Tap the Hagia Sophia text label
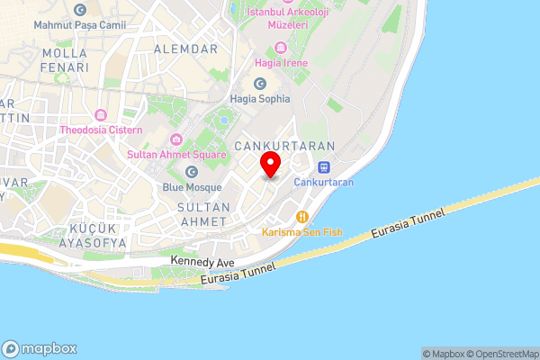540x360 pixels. (260, 99)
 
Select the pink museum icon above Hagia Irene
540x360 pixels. (280, 47)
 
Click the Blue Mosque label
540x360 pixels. (192, 187)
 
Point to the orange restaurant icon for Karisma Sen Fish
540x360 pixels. (302, 217)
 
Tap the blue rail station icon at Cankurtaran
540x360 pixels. (323, 166)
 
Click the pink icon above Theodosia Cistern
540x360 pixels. (100, 115)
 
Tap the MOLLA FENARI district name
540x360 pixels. (65, 60)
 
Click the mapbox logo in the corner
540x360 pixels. (40, 348)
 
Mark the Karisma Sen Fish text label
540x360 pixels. (301, 232)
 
